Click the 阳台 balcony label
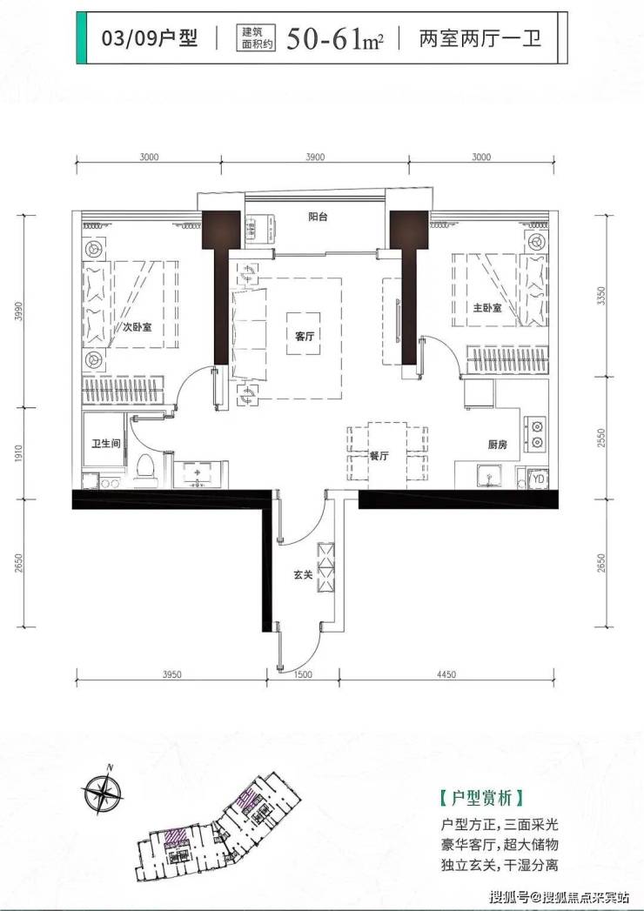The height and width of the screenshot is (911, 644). (318, 217)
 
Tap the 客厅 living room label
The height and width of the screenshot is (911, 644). (305, 336)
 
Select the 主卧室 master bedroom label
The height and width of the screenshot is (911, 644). (487, 308)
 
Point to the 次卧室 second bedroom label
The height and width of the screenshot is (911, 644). (138, 327)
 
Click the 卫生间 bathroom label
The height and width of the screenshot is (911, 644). (106, 443)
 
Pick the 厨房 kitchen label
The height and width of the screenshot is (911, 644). (498, 445)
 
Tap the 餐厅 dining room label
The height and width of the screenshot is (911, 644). (379, 456)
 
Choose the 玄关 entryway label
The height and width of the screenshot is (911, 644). (303, 574)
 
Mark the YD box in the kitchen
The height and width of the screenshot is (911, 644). (539, 479)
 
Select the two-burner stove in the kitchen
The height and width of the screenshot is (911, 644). (535, 433)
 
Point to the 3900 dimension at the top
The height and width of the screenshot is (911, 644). (314, 157)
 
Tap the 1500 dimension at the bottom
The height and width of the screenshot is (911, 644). (303, 674)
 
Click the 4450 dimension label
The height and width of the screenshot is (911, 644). (446, 674)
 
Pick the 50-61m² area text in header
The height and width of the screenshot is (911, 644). (335, 39)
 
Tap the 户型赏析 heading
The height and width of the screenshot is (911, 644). (482, 798)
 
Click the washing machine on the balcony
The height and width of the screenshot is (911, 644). (260, 229)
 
